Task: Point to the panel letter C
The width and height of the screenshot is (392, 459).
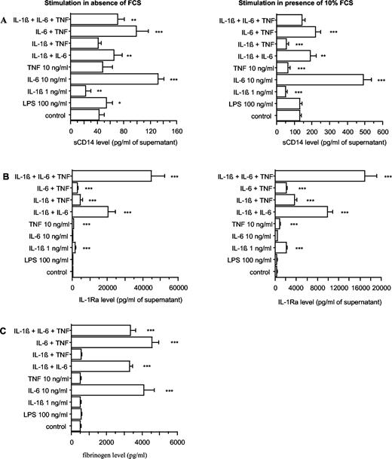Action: pyautogui.click(x=6, y=330)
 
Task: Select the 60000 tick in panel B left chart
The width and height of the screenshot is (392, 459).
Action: pyautogui.click(x=177, y=286)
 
